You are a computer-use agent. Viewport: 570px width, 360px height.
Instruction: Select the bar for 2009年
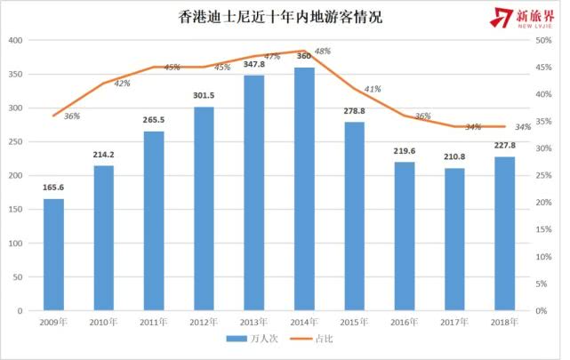54,254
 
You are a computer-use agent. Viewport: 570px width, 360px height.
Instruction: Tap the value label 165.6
54,188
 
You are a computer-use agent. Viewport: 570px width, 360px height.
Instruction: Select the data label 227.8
505,147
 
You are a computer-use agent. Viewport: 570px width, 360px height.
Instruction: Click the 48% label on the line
322,52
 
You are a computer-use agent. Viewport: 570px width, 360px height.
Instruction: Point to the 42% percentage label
122,83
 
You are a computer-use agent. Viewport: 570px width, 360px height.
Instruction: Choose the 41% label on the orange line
373,89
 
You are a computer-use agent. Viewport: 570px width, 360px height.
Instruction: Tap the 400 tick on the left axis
15,41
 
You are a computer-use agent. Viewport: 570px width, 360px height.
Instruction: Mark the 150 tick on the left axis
15,210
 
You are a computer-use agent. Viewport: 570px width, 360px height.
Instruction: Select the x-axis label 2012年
205,322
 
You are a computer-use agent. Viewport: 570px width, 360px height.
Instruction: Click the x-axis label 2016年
405,322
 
